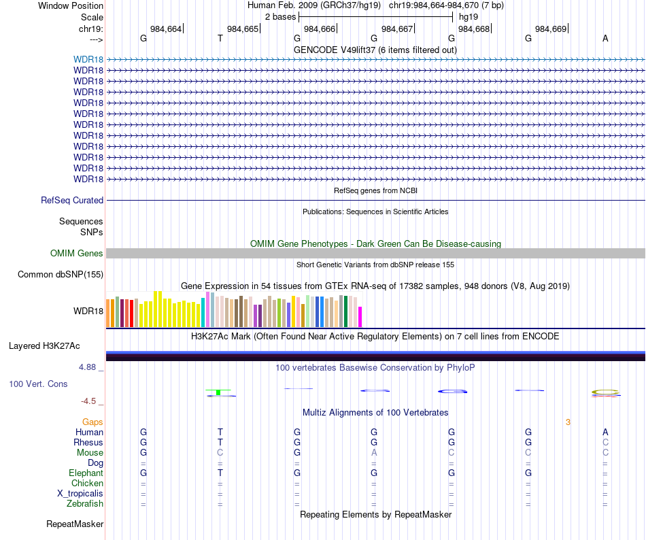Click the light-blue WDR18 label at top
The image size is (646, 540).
[x=88, y=59]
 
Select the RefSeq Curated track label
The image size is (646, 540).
[x=72, y=201]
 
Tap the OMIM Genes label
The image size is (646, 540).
[x=77, y=254]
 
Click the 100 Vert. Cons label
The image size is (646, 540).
[x=38, y=384]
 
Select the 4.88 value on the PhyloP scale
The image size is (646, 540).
[x=88, y=367]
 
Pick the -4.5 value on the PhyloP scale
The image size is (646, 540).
[x=88, y=401]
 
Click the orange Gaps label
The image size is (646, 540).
[x=92, y=422]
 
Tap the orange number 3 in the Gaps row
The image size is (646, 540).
[x=568, y=422]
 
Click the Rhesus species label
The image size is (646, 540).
[x=88, y=443]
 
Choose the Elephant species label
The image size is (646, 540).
[x=86, y=473]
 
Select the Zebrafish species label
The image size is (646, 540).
[x=85, y=504]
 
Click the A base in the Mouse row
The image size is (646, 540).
[x=374, y=453]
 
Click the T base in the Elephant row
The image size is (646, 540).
[x=220, y=473]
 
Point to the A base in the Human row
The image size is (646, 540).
[x=605, y=433]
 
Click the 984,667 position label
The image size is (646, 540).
[x=397, y=29]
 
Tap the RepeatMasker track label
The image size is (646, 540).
[x=75, y=524]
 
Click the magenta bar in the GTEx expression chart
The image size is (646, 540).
[x=360, y=317]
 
